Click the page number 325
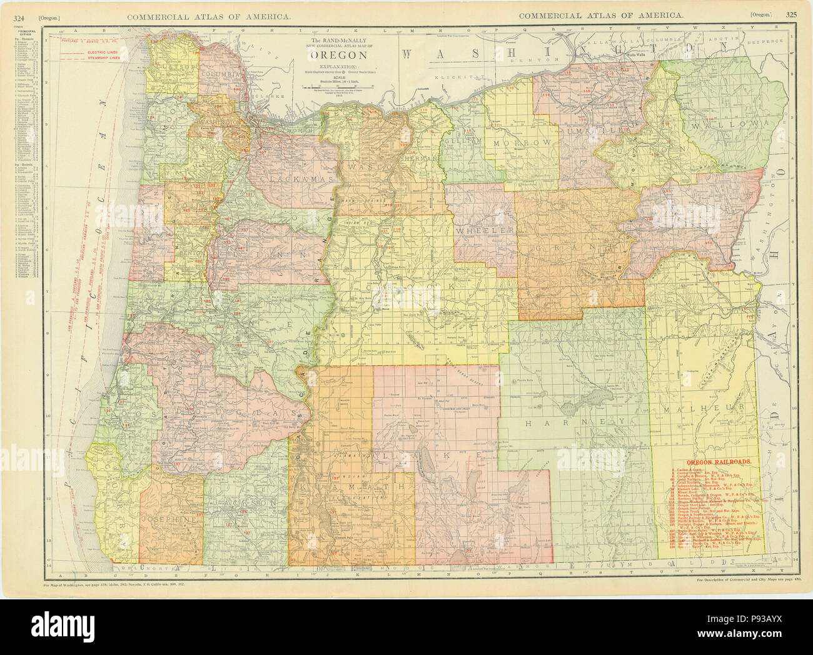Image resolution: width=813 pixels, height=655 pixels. (x=791, y=15)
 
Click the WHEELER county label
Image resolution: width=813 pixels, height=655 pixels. (x=486, y=230)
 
